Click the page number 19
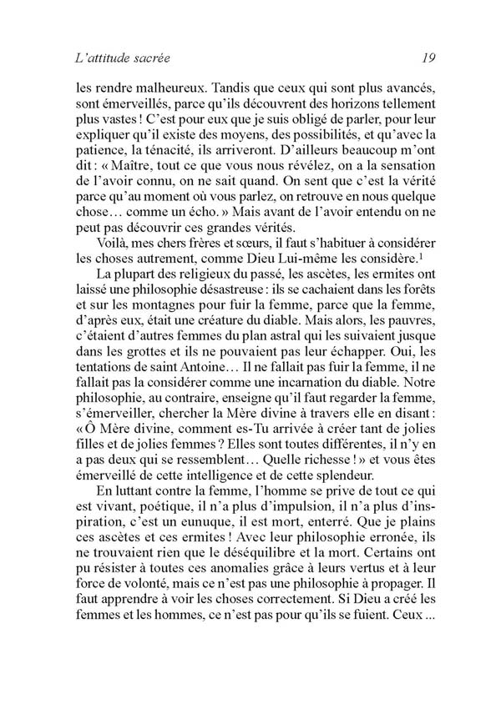tap(419, 59)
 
